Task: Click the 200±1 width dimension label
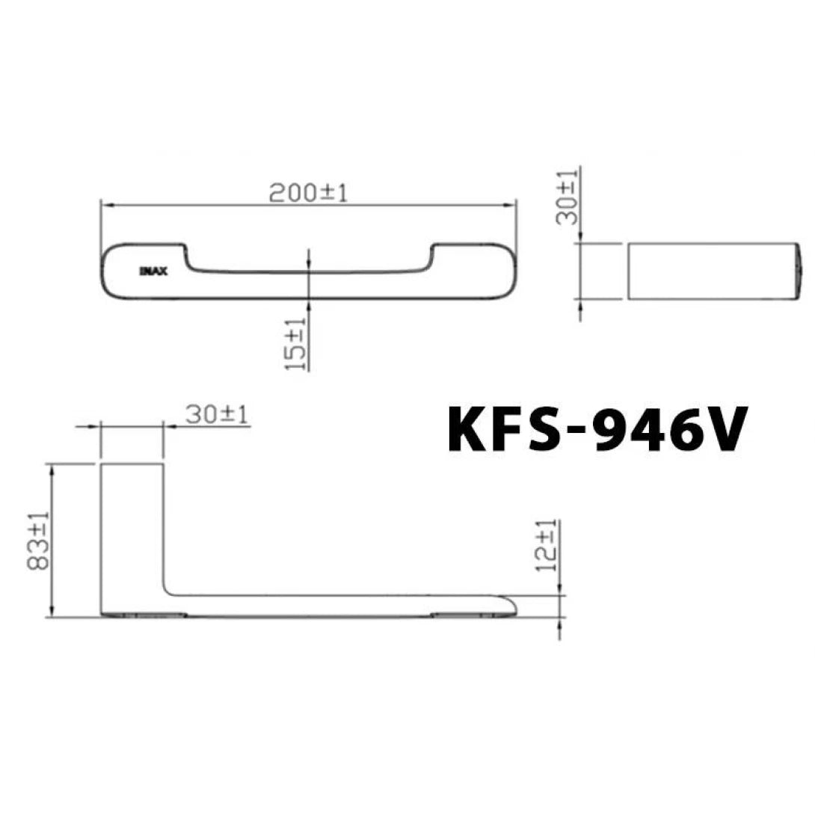click(x=309, y=193)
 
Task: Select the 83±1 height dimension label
click(x=40, y=540)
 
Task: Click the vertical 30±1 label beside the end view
click(x=570, y=197)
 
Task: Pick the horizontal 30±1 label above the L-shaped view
click(x=217, y=414)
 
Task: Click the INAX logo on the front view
click(x=153, y=271)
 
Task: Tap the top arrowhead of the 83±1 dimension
click(x=51, y=468)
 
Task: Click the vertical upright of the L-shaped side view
click(x=132, y=531)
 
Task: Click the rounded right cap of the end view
click(x=800, y=271)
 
